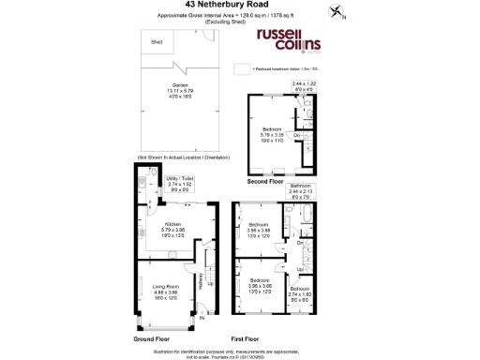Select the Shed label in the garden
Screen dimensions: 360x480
(156, 42)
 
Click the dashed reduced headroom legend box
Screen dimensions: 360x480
(242, 68)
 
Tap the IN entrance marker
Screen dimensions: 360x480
(202, 318)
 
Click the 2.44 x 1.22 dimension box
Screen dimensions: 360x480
(306, 87)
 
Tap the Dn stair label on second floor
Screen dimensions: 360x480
(297, 137)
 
